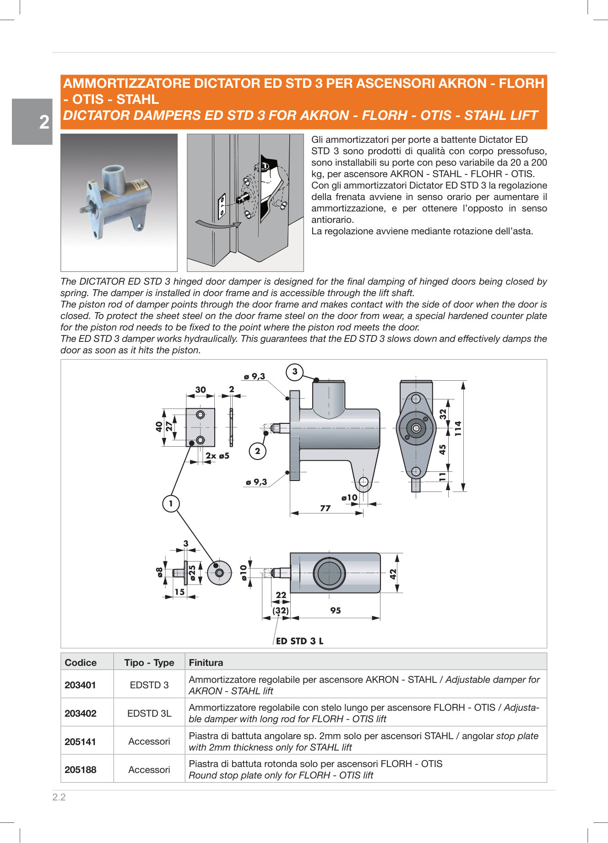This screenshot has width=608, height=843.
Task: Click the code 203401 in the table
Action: (81, 685)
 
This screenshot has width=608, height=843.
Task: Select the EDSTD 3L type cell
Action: (149, 713)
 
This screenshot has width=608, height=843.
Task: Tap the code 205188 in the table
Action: (81, 769)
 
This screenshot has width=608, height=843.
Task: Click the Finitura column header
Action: (206, 662)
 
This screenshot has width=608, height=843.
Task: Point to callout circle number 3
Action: (295, 372)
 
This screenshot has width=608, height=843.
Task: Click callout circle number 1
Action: (171, 504)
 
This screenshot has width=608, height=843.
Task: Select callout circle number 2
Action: (257, 451)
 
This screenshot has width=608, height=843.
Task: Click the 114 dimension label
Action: (458, 428)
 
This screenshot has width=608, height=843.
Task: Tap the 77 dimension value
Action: (325, 508)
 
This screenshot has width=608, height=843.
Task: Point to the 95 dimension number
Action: (336, 611)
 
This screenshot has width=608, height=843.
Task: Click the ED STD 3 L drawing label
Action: (299, 641)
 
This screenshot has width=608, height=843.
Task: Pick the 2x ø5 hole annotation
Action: (217, 456)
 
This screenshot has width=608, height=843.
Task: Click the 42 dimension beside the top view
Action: (393, 574)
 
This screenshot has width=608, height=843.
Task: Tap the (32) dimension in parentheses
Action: (281, 611)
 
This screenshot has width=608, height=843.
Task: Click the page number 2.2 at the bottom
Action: (59, 797)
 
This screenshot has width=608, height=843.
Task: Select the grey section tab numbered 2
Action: (33, 122)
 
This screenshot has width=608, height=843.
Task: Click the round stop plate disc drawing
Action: (219, 573)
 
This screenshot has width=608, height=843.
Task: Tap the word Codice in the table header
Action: (81, 662)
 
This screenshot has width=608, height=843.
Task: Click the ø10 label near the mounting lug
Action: (349, 497)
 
